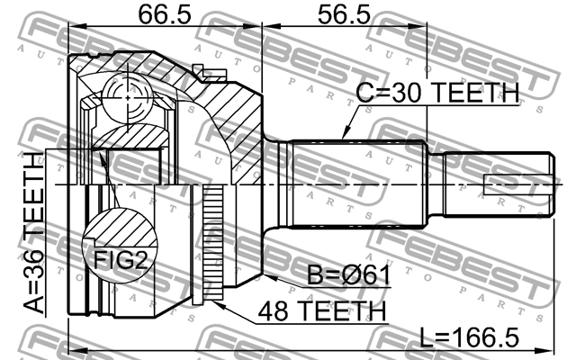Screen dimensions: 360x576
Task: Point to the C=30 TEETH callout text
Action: [x=437, y=92]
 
